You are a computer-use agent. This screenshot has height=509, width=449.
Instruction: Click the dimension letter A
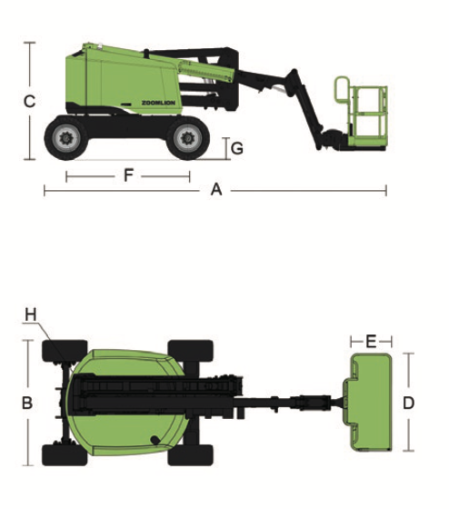pyautogui.click(x=216, y=190)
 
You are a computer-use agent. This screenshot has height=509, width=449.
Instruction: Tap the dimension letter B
pyautogui.click(x=27, y=403)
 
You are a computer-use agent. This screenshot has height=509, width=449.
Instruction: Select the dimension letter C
pyautogui.click(x=30, y=101)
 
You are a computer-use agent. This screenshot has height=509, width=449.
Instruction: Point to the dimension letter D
pyautogui.click(x=408, y=403)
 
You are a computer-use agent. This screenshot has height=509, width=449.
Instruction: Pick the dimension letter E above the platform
pyautogui.click(x=371, y=341)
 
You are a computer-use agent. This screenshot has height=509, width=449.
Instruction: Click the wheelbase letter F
pyautogui.click(x=128, y=175)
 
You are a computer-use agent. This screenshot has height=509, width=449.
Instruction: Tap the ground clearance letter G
pyautogui.click(x=237, y=148)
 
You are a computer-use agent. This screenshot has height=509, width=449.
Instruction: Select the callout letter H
pyautogui.click(x=31, y=314)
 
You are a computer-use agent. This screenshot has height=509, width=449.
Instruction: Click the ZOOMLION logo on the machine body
pyautogui.click(x=158, y=103)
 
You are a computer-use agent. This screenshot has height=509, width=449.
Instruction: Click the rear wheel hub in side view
pyautogui.click(x=66, y=138)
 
